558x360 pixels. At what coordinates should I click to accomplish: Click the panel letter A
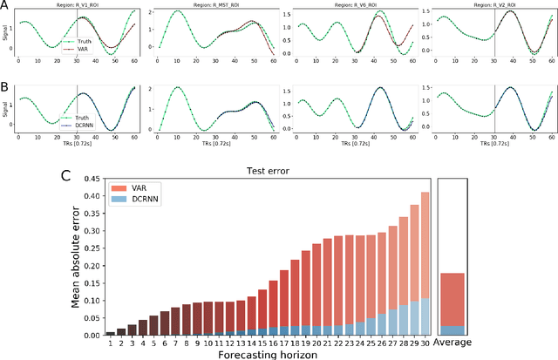pyautogui.click(x=6, y=8)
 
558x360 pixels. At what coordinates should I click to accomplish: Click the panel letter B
pyautogui.click(x=6, y=88)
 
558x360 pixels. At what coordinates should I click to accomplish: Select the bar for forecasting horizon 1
pyautogui.click(x=111, y=333)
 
